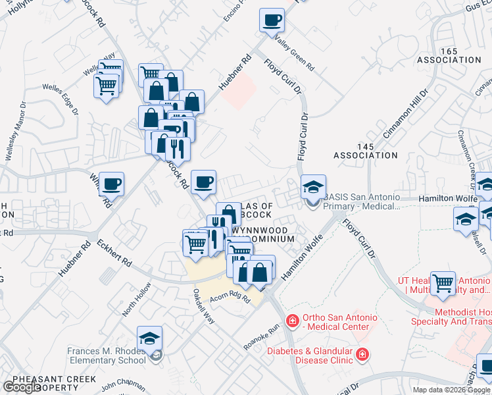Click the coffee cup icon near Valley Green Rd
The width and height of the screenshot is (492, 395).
(271, 20)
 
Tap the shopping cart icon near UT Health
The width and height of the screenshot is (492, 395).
(443, 283)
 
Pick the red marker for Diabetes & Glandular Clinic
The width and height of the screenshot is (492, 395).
(362, 356)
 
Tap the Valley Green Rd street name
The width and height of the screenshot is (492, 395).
(295, 57)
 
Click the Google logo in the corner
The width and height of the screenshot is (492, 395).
(21, 387)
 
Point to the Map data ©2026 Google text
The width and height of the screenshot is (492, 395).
(451, 390)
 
